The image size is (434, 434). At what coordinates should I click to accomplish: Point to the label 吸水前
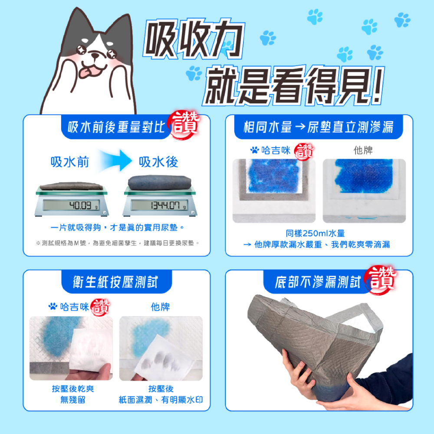pyautogui.click(x=70, y=162)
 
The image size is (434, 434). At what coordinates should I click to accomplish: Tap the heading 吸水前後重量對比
pyautogui.click(x=116, y=127)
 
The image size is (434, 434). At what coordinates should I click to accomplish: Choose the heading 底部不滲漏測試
pyautogui.click(x=317, y=283)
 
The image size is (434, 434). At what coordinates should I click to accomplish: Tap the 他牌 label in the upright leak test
pyautogui.click(x=363, y=150)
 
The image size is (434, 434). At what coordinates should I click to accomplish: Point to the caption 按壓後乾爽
pyautogui.click(x=73, y=388)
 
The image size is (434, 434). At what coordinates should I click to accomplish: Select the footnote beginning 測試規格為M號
pyautogui.click(x=117, y=243)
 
